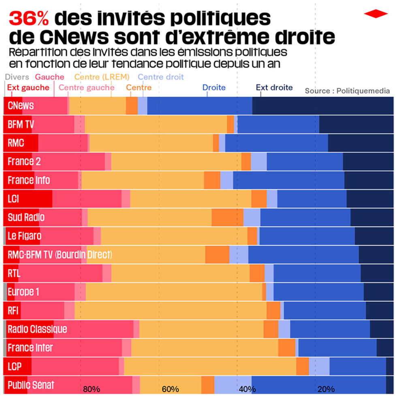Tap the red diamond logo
click(x=376, y=14)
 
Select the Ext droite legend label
click(x=274, y=88)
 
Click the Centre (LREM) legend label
click(x=102, y=77)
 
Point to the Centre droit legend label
click(x=161, y=77)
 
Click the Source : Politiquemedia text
click(x=347, y=91)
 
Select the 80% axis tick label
click(x=92, y=389)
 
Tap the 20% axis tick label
click(x=326, y=389)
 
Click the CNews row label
click(x=21, y=106)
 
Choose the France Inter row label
click(x=30, y=348)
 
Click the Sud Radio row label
click(x=26, y=218)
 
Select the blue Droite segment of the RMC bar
click(x=276, y=143)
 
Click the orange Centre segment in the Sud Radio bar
click(x=227, y=218)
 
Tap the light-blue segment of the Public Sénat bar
click(x=233, y=384)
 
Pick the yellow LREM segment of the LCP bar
click(x=210, y=366)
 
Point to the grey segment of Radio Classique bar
click(x=5, y=329)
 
